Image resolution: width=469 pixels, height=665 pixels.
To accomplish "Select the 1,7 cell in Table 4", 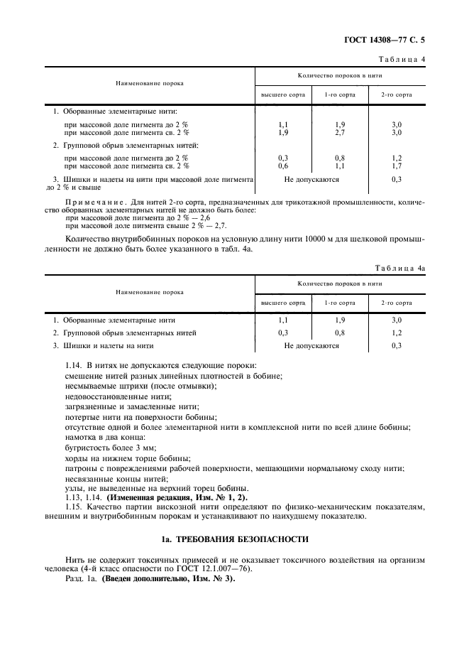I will click(x=397, y=166).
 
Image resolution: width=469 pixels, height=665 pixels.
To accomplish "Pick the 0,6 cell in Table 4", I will click(x=283, y=166).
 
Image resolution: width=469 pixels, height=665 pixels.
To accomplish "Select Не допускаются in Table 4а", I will click(x=311, y=346).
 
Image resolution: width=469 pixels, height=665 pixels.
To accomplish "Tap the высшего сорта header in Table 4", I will click(x=283, y=94).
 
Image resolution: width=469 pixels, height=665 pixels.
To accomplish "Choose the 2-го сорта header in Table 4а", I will click(x=397, y=302).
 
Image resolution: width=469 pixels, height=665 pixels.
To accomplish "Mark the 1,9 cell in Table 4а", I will click(x=340, y=320).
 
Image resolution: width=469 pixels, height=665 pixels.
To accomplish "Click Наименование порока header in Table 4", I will click(x=150, y=83).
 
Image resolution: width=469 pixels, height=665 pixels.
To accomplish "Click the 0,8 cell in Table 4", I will click(x=340, y=158).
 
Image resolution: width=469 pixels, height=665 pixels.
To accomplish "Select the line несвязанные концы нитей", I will click(x=106, y=479).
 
